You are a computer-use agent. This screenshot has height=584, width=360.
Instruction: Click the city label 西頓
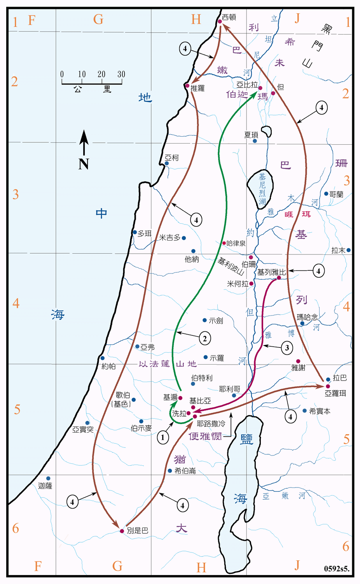(x=229, y=17)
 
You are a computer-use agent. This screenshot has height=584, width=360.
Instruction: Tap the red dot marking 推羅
(x=187, y=86)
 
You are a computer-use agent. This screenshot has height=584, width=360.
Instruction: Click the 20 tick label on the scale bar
(x=101, y=74)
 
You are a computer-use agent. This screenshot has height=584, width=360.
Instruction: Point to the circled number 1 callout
(x=163, y=437)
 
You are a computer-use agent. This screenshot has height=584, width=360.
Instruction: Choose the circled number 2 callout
(x=205, y=338)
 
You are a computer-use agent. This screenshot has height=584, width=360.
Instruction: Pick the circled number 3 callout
(x=287, y=347)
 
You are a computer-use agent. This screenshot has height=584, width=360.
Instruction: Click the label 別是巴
(x=138, y=531)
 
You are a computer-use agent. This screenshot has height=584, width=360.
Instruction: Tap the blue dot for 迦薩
(x=49, y=479)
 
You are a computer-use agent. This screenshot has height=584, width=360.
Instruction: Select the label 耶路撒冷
(x=211, y=424)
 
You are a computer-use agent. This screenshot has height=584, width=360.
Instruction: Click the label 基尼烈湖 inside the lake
(x=262, y=189)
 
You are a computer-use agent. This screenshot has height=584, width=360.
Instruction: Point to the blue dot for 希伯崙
(x=170, y=471)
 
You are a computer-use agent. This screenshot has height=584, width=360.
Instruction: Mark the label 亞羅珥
(x=336, y=393)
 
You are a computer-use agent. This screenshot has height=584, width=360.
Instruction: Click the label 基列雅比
(x=271, y=272)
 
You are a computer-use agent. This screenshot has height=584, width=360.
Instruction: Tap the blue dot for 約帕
(x=102, y=358)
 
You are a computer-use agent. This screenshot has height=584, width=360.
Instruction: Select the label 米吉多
(x=170, y=237)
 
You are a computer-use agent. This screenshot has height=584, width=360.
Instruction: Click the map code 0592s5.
(x=337, y=569)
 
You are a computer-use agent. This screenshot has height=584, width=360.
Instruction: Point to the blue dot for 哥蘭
(x=326, y=194)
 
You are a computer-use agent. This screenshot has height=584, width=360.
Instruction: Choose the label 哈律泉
(x=236, y=243)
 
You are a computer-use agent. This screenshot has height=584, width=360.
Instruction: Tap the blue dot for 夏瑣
(x=255, y=141)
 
